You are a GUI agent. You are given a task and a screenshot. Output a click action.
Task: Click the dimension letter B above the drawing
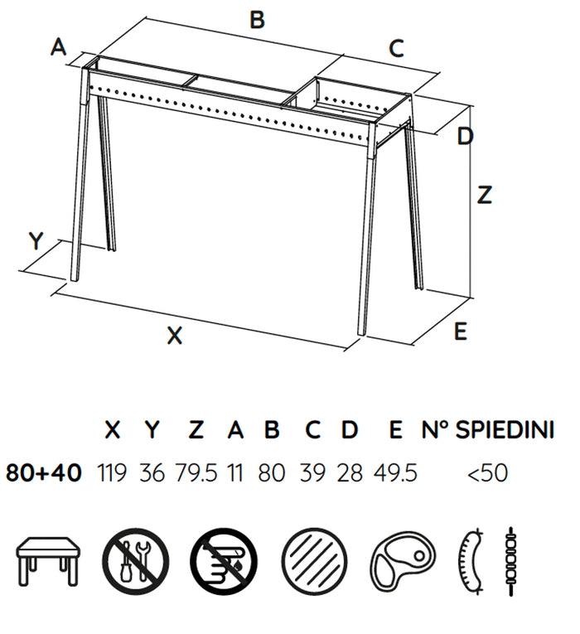click(x=258, y=20)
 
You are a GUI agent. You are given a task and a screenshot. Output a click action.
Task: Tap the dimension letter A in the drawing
click(x=59, y=47)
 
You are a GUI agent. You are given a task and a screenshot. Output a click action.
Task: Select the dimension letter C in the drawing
click(x=396, y=48)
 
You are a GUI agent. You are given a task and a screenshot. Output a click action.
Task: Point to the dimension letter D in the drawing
click(x=465, y=136)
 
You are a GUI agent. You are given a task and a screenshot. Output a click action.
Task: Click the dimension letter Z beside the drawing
click(x=484, y=195)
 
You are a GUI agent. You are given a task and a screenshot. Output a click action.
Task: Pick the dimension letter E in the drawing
click(x=461, y=332)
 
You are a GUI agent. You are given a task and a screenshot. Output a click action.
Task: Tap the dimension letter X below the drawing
click(x=175, y=336)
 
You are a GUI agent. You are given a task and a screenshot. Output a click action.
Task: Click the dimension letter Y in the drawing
click(x=36, y=241)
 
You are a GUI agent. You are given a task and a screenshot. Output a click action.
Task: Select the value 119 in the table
click(x=112, y=472)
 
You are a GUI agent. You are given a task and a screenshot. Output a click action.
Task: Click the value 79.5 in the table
click(x=196, y=472)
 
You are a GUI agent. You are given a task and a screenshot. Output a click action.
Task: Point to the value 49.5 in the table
click(x=395, y=472)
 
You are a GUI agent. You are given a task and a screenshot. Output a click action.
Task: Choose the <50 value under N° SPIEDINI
click(x=487, y=472)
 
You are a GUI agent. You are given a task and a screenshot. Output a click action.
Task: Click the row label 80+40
click(x=44, y=472)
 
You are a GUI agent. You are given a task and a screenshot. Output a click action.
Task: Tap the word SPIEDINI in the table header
click(x=505, y=429)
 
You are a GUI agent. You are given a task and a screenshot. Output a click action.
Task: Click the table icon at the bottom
click(x=48, y=560)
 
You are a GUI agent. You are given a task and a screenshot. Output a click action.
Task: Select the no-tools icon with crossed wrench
click(x=135, y=562)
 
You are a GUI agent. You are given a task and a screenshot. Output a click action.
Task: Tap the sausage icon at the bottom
click(x=471, y=561)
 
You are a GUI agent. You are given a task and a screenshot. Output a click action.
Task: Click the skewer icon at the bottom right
click(x=511, y=561)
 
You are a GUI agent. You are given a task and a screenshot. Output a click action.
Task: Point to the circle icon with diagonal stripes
click(x=314, y=562)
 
